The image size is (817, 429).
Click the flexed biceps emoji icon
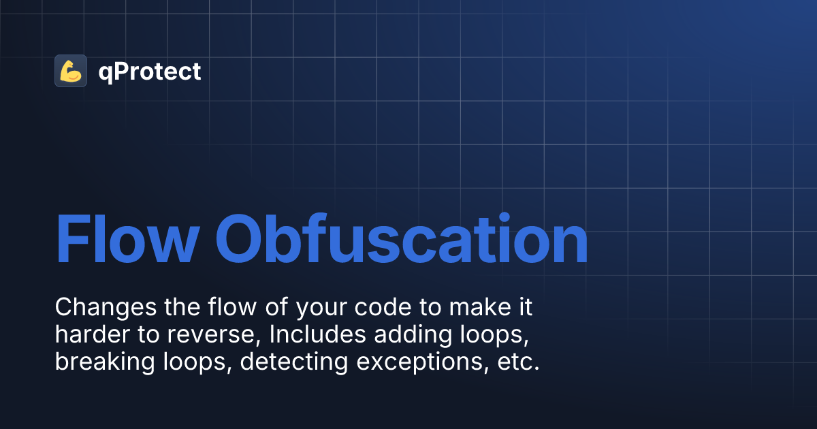click(x=71, y=71)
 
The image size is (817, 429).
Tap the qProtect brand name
click(x=150, y=71)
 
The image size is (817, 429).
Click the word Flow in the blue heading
click(x=127, y=240)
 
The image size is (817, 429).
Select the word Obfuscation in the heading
click(x=402, y=240)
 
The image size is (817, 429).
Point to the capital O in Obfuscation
click(x=243, y=240)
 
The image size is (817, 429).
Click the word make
click(x=479, y=308)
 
